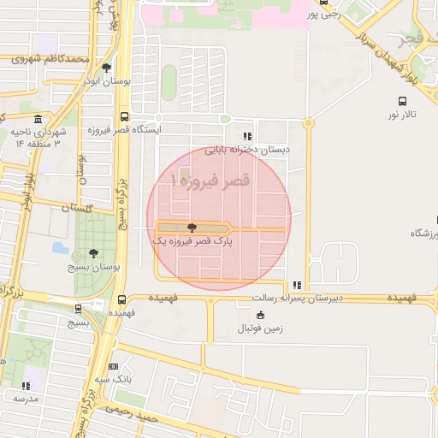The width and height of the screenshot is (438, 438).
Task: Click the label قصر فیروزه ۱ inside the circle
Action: coord(210,181)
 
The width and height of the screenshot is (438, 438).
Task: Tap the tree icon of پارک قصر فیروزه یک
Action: coord(191,228)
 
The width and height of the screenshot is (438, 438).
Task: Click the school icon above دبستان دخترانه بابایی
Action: coord(247,135)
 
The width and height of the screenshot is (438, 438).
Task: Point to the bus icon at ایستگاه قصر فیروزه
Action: coord(125,116)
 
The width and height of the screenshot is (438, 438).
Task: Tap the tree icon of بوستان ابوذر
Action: coord(106,68)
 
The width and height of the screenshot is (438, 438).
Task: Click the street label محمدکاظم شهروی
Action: coord(50,59)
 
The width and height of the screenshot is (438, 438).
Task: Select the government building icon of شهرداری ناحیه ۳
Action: coord(38,118)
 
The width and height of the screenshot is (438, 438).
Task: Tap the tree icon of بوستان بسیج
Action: coord(93,253)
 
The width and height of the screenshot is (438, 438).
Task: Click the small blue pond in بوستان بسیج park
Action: coord(60,248)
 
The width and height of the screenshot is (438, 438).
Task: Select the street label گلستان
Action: coord(77,207)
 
